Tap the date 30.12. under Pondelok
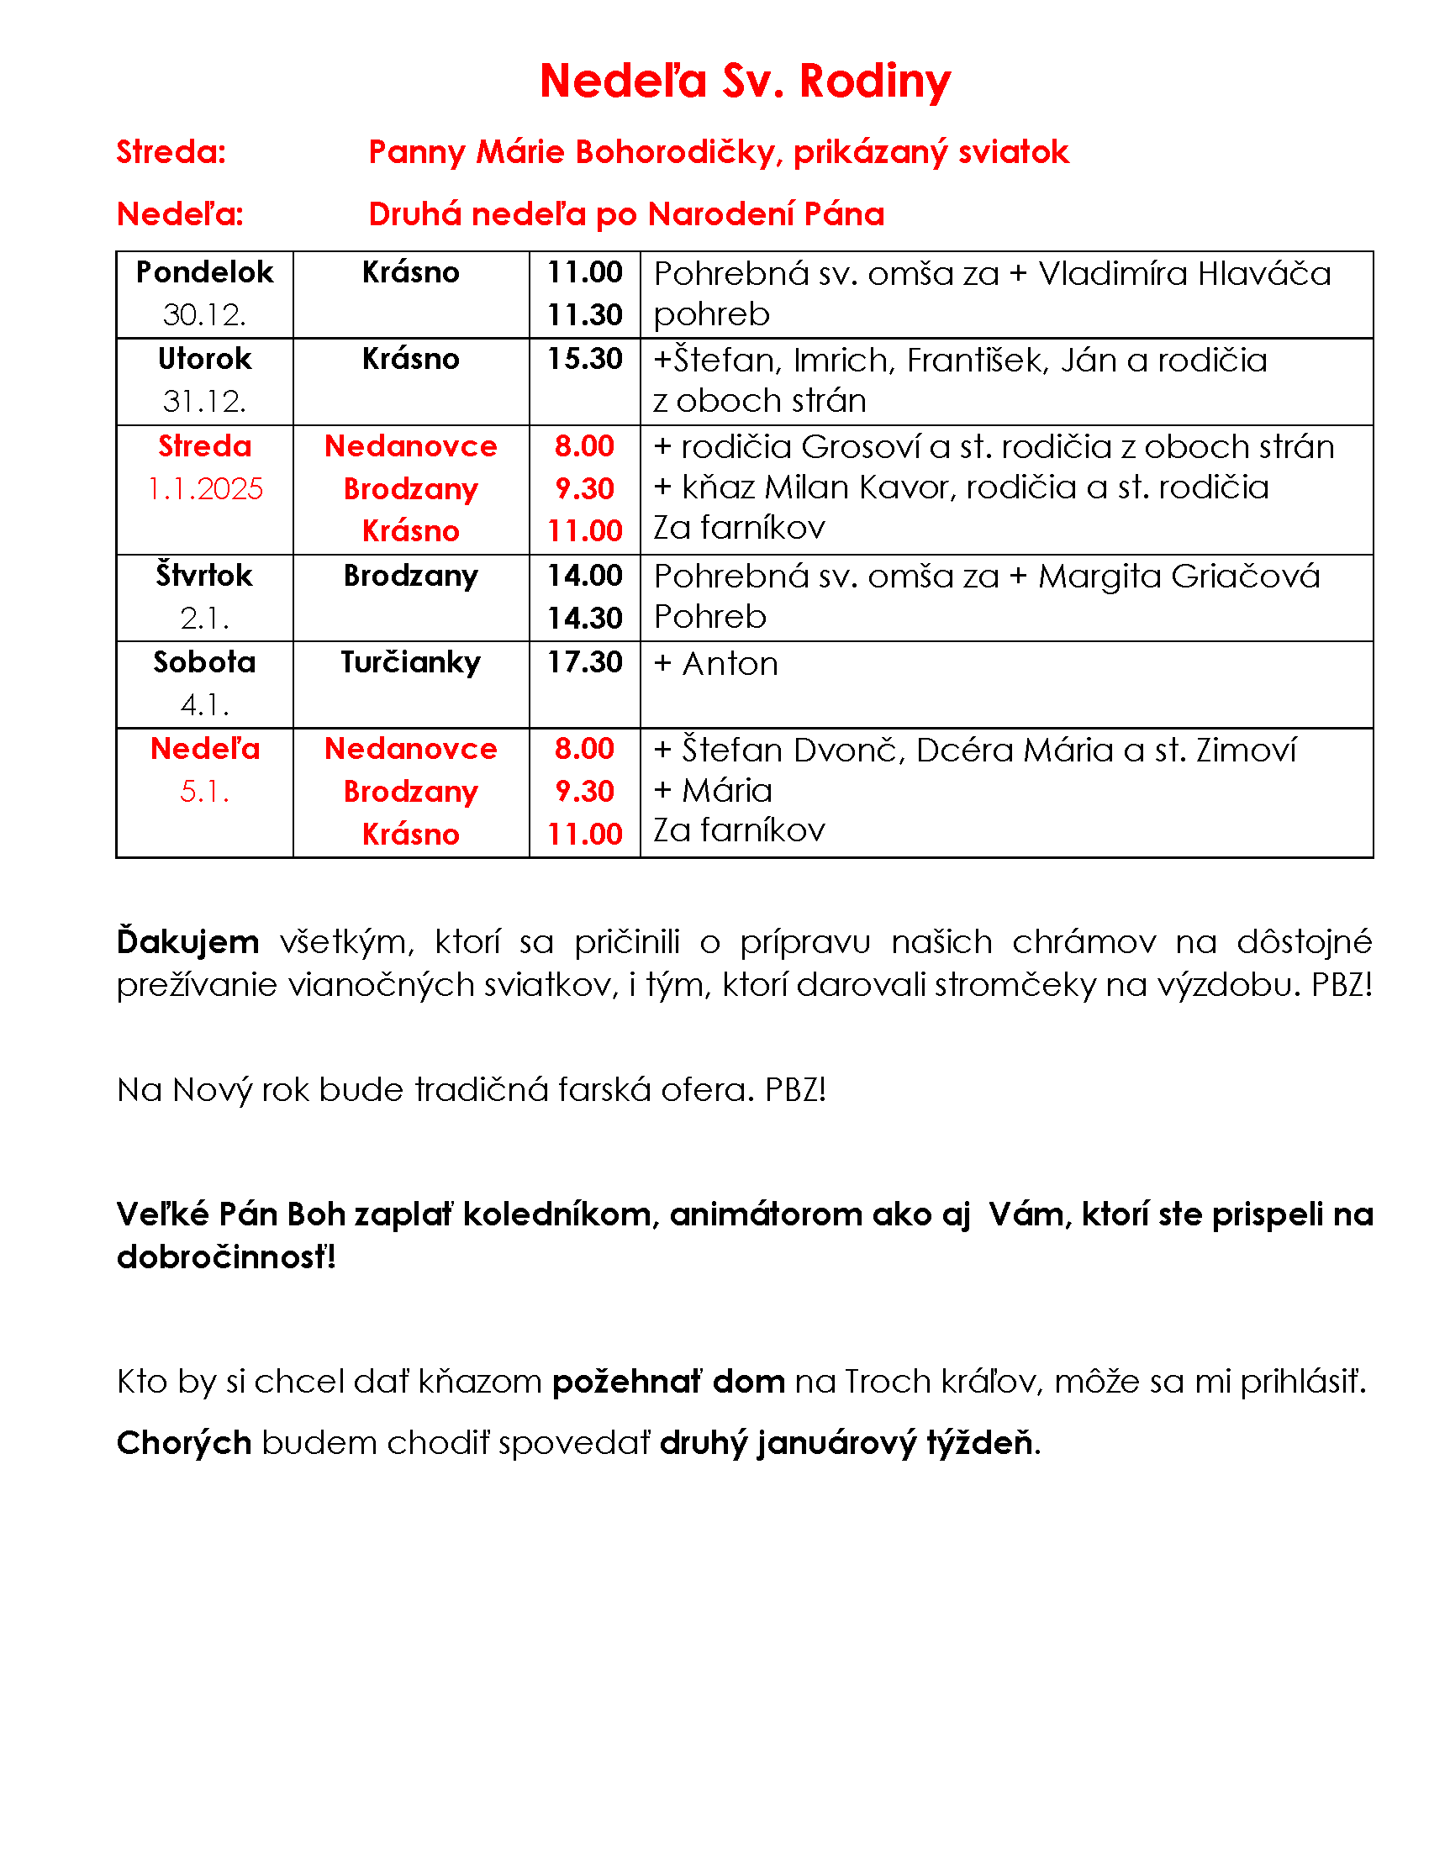[x=204, y=315]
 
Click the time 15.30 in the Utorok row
[x=584, y=359]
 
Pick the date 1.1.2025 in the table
[x=205, y=488]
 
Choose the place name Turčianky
[x=410, y=662]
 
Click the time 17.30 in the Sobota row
[x=584, y=662]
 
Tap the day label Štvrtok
[x=204, y=576]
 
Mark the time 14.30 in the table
[x=584, y=618]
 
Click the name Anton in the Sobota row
[x=730, y=664]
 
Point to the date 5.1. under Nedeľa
[x=204, y=792]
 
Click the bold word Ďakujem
[x=188, y=941]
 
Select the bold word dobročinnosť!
[x=226, y=1257]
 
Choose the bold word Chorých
[x=184, y=1442]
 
